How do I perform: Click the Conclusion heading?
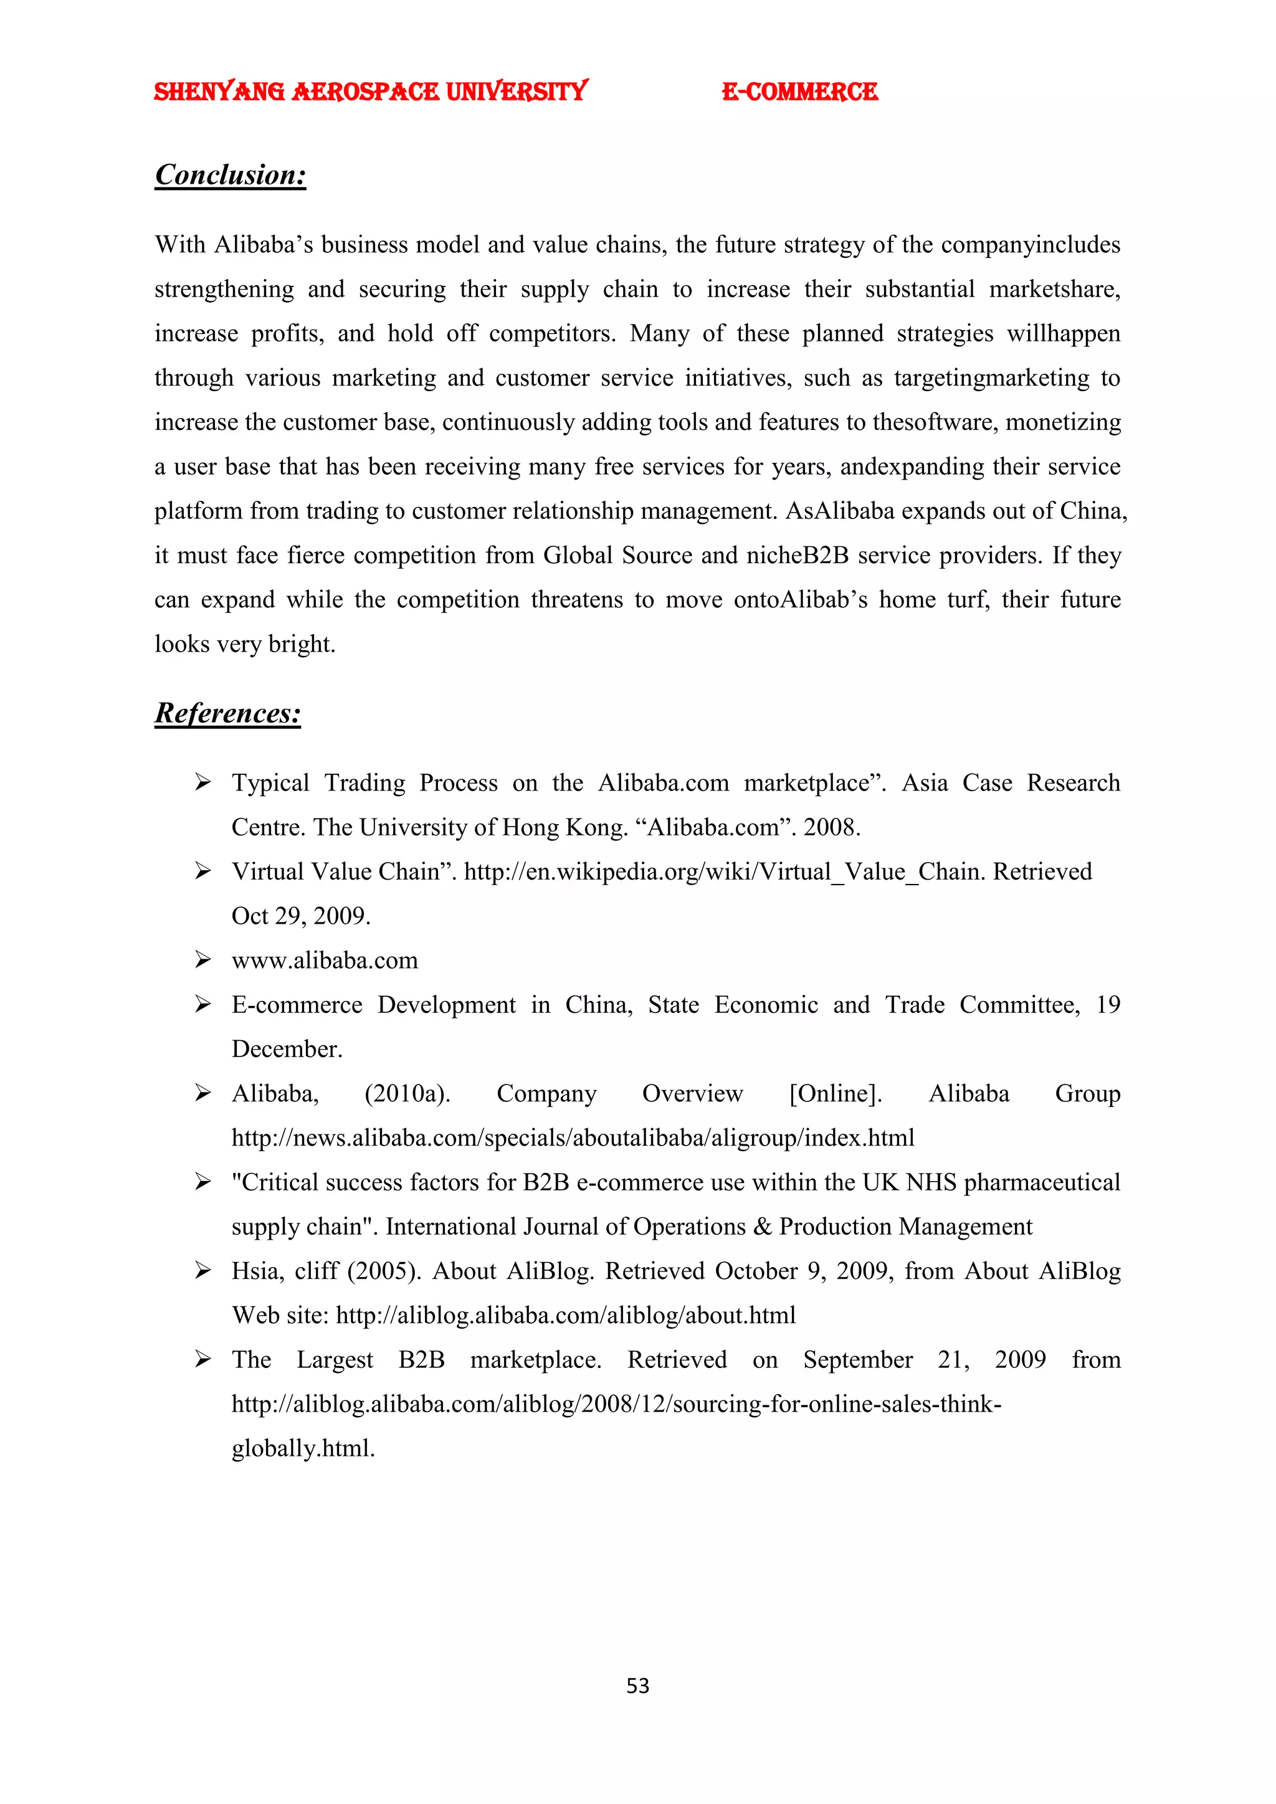[230, 174]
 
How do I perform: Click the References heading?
[228, 713]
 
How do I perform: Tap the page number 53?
[637, 1686]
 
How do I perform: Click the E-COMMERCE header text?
[799, 92]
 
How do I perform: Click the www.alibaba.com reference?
[325, 960]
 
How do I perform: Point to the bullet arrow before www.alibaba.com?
[202, 960]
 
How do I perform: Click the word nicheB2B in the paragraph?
[797, 556]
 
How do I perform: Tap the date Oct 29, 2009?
[300, 916]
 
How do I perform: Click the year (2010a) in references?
[407, 1094]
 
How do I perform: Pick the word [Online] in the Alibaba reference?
[836, 1094]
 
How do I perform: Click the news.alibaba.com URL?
[573, 1137]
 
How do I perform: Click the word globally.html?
[303, 1448]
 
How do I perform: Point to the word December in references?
[287, 1049]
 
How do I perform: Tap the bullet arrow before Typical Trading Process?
[202, 782]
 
